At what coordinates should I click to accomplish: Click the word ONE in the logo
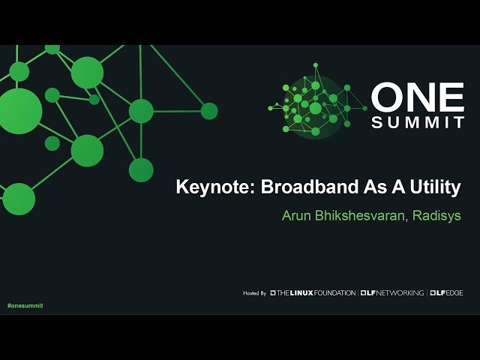pyautogui.click(x=418, y=97)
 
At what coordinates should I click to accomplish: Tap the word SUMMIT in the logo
pyautogui.click(x=418, y=122)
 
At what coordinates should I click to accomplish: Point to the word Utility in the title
pyautogui.click(x=429, y=187)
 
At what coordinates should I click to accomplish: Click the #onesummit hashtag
pyautogui.click(x=25, y=306)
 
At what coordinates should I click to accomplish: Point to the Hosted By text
pyautogui.click(x=254, y=292)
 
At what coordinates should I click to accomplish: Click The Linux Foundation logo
pyautogui.click(x=313, y=292)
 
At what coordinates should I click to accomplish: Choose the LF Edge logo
pyautogui.click(x=446, y=292)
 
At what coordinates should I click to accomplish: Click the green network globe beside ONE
pyautogui.click(x=312, y=107)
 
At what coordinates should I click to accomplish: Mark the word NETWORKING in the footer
pyautogui.click(x=400, y=292)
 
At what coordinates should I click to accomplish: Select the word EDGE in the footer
pyautogui.click(x=453, y=292)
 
